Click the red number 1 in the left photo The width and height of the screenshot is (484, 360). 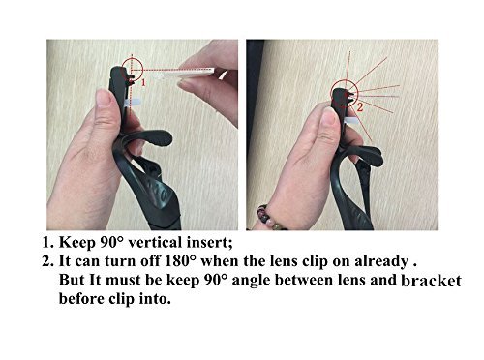click(144, 84)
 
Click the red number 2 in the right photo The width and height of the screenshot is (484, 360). click(360, 105)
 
